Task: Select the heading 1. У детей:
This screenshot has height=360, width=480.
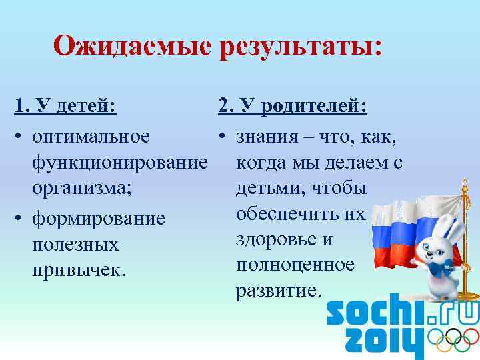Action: click(65, 107)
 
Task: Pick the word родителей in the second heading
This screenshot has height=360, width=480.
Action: click(313, 107)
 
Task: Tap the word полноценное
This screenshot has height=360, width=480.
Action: click(295, 265)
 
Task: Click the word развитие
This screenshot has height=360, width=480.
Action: click(278, 291)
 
